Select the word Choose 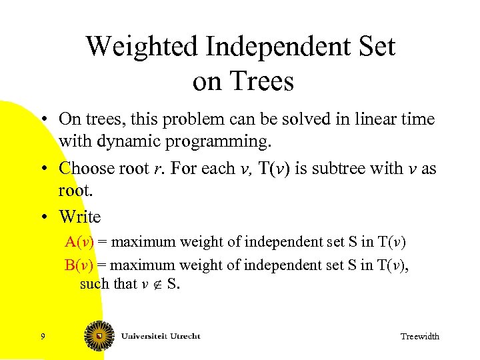click(87, 168)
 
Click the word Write click(79, 217)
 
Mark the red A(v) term click(79, 241)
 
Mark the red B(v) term click(79, 265)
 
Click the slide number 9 click(43, 336)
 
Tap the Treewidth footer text click(419, 336)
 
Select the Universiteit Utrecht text click(160, 336)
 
